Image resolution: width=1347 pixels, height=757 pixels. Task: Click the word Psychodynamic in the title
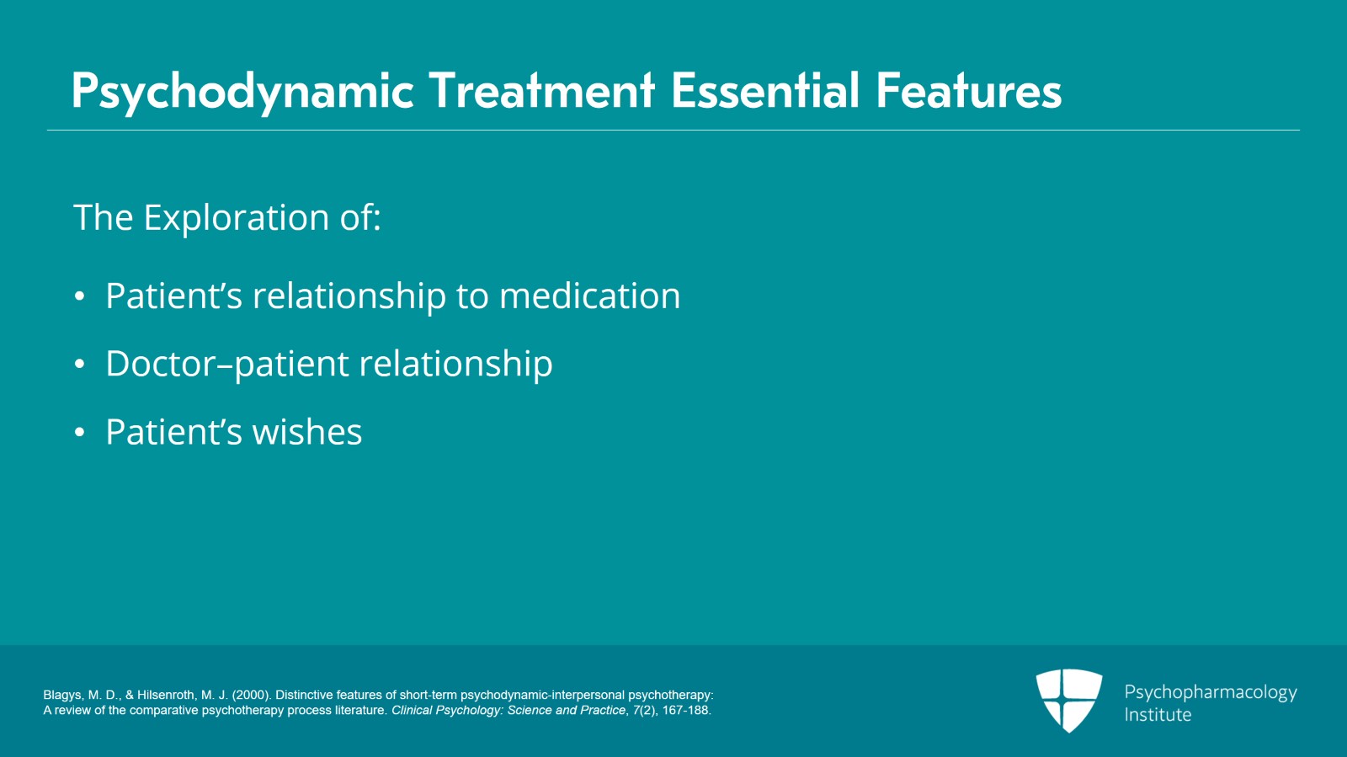point(242,91)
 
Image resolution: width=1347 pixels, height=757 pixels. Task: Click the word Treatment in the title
point(541,91)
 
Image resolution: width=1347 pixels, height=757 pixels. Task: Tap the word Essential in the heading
point(764,91)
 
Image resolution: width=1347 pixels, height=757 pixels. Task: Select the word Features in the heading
point(968,91)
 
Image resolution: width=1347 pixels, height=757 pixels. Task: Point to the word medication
point(589,296)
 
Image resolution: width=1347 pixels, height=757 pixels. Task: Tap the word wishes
point(307,433)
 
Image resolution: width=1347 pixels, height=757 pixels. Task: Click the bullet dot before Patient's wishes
point(80,433)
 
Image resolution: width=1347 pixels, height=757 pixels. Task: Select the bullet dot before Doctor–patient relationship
point(80,365)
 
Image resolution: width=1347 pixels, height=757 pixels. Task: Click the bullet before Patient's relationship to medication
point(80,296)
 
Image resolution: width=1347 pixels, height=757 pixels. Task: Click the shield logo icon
point(1068,700)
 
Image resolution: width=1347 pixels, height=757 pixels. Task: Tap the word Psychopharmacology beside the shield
point(1210,692)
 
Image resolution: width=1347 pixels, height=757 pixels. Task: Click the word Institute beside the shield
point(1158,715)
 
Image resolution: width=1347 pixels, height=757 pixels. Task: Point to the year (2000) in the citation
point(251,696)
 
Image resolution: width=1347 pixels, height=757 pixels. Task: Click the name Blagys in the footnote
point(62,696)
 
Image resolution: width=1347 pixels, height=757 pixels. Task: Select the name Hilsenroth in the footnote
point(166,696)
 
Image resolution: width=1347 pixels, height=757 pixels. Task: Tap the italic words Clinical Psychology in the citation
point(445,711)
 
